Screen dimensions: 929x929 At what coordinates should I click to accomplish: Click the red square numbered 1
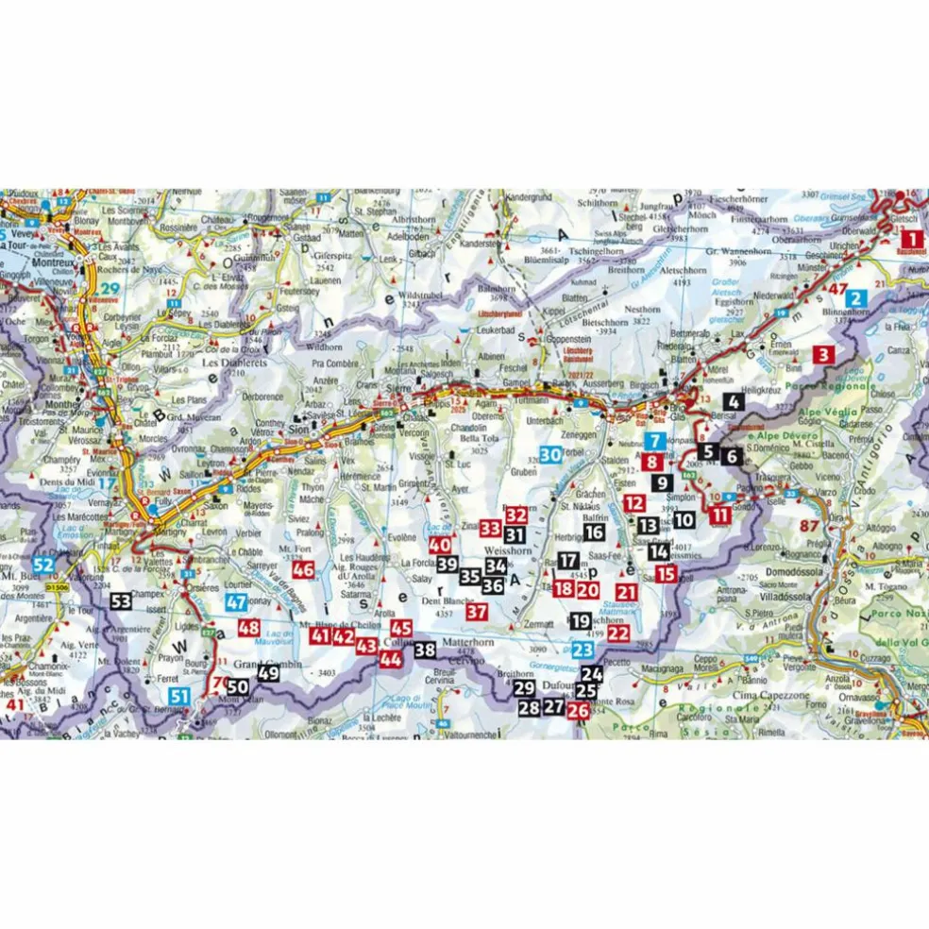point(911,239)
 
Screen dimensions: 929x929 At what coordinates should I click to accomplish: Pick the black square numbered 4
point(735,401)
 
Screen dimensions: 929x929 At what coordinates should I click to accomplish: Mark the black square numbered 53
point(120,600)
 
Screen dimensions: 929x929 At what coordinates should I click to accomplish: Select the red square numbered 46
point(302,569)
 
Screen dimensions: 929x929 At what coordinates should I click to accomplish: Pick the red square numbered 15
point(666,573)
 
